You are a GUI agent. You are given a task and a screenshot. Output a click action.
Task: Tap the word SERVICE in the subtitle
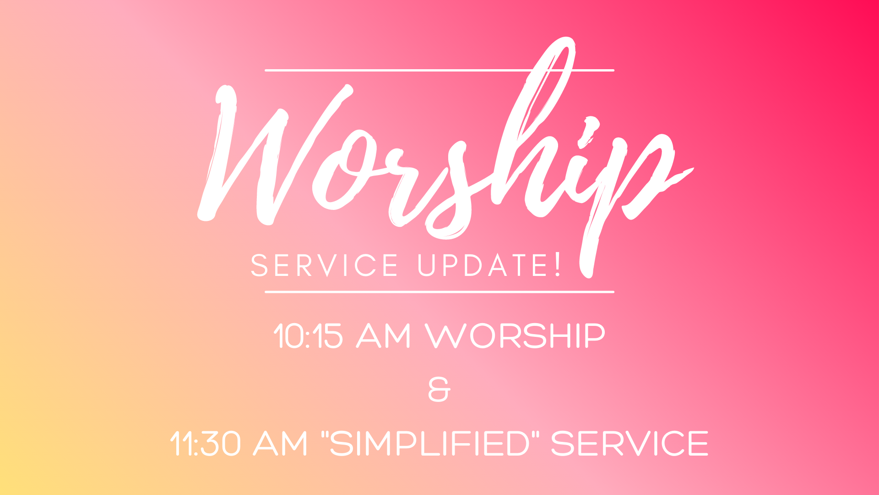point(325,265)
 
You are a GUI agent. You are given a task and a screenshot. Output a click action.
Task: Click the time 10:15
point(308,336)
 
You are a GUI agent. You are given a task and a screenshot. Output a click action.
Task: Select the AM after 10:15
point(384,336)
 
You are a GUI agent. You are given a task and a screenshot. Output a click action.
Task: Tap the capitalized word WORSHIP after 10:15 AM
point(515,336)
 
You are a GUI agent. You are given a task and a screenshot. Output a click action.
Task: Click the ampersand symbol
point(439,390)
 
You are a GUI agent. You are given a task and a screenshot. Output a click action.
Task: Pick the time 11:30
point(205,443)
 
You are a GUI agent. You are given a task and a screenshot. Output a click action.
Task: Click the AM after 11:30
point(281,443)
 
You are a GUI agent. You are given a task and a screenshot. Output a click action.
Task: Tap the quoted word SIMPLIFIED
point(429,443)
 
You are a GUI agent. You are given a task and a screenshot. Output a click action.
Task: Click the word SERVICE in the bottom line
point(629,443)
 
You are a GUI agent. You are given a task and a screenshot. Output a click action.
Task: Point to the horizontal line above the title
point(439,71)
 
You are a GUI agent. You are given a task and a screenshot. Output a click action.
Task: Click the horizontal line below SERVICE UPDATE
point(439,291)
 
